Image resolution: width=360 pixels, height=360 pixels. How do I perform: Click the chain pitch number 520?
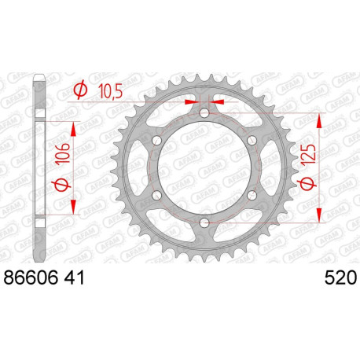(x=340, y=277)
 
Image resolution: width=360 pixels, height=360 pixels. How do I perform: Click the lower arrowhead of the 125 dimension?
(x=319, y=219)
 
